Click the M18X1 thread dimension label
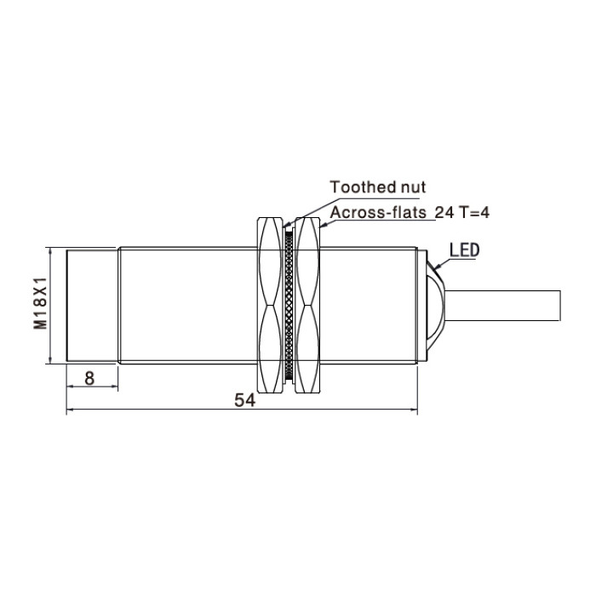[40, 303]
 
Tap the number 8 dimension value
[89, 379]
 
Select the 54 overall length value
[245, 400]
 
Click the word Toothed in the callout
[358, 187]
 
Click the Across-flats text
[378, 213]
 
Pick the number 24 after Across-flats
[444, 213]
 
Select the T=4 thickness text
[474, 213]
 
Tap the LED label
[465, 250]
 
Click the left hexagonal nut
[270, 305]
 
